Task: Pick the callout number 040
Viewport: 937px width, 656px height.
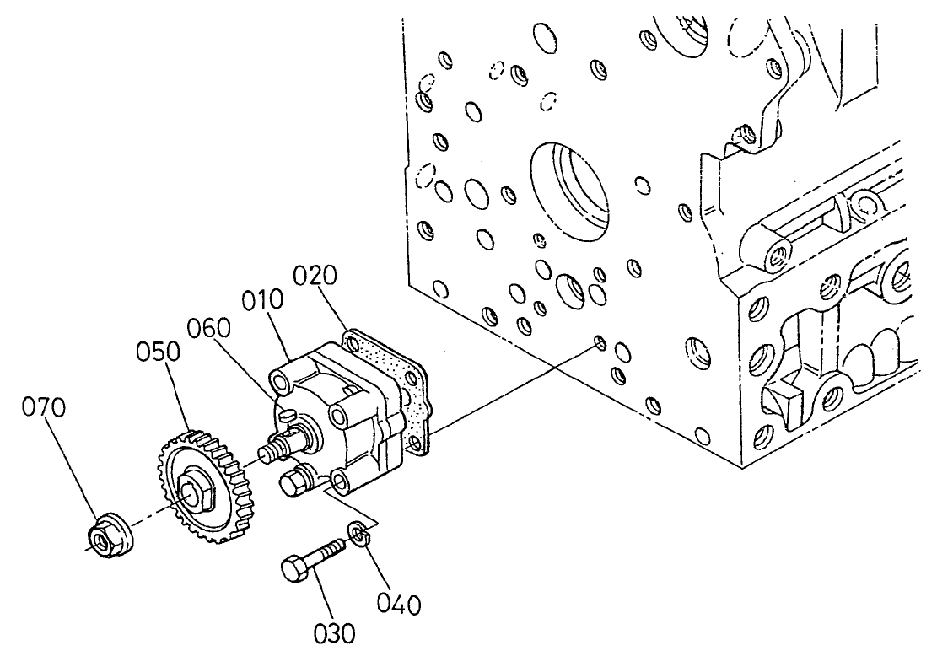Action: [x=398, y=604]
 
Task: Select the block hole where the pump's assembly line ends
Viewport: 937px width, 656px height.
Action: [x=600, y=342]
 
